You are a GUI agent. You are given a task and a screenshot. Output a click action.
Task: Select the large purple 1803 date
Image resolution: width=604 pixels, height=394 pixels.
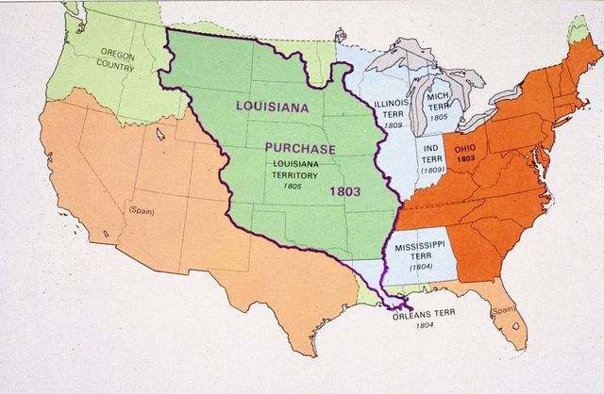(345, 190)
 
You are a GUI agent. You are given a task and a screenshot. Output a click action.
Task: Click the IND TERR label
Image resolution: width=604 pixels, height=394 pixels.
(433, 154)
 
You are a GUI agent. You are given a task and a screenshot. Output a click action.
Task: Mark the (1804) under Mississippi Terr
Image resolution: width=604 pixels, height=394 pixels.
(421, 269)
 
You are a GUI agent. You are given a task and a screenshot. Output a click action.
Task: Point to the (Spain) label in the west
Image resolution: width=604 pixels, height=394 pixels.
(143, 209)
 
